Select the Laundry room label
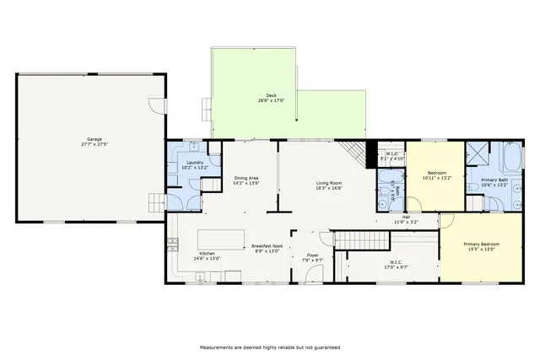tap(195, 164)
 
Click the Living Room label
tap(328, 185)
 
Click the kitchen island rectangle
tap(222, 238)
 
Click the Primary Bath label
tap(494, 182)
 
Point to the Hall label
tap(406, 219)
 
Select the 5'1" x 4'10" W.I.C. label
tap(392, 156)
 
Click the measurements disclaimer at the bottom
tap(270, 347)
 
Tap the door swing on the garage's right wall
tap(155, 106)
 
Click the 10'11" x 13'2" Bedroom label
tap(436, 175)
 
